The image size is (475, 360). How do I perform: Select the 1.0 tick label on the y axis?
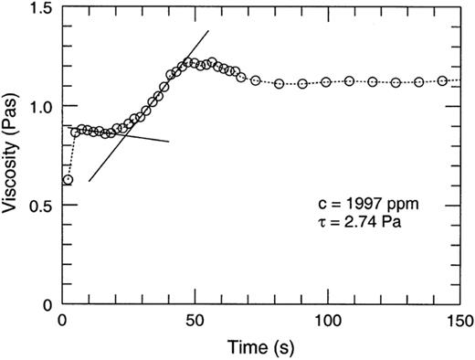pyautogui.click(x=41, y=106)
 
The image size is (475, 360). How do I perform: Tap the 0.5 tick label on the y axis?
pyautogui.click(x=41, y=205)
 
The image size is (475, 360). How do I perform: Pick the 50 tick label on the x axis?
pyautogui.click(x=194, y=322)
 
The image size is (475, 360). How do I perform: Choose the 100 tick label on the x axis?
pyautogui.click(x=325, y=322)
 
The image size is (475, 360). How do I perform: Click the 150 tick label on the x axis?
pyautogui.click(x=457, y=322)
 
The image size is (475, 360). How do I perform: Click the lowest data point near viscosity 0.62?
pyautogui.click(x=68, y=180)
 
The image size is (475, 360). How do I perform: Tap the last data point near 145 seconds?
pyautogui.click(x=443, y=80)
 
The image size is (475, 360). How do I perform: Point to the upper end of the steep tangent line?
pyautogui.click(x=209, y=30)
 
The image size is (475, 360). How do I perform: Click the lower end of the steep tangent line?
pyautogui.click(x=89, y=183)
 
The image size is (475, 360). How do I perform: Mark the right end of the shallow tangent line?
pyautogui.click(x=169, y=142)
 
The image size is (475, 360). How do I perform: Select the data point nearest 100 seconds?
pyautogui.click(x=326, y=81)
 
